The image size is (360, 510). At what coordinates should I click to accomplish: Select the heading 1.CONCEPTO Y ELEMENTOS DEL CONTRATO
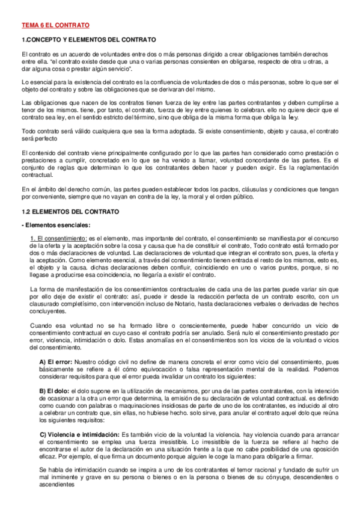pyautogui.click(x=88, y=39)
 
